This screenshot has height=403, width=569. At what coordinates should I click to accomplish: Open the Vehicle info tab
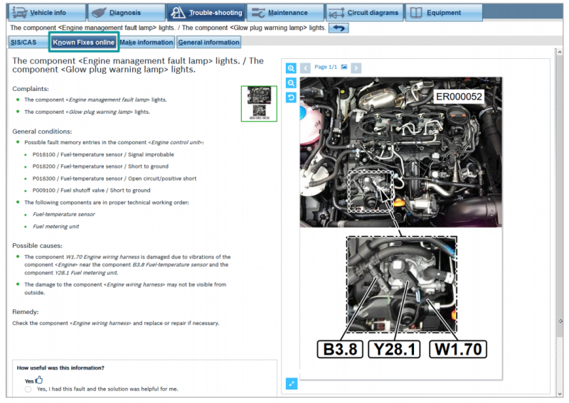(46, 13)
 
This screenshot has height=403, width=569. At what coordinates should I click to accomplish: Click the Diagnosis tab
(126, 13)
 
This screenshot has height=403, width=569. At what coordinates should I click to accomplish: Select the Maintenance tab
(285, 13)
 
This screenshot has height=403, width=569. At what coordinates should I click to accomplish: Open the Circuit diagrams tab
(365, 13)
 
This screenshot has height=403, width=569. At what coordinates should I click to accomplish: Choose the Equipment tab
(444, 13)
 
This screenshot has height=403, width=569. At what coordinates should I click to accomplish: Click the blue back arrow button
(339, 28)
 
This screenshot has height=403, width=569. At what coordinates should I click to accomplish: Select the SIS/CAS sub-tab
(23, 43)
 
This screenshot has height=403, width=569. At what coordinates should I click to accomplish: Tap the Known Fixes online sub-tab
(83, 43)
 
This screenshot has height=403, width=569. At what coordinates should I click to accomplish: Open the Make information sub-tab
(147, 43)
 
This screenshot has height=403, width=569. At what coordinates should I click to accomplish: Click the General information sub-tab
(208, 43)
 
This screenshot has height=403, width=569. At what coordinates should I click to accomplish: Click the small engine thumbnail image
(259, 103)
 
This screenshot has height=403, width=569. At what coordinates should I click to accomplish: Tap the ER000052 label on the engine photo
(459, 97)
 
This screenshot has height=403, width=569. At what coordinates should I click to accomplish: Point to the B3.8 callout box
(340, 349)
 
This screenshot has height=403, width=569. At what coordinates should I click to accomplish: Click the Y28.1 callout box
(395, 349)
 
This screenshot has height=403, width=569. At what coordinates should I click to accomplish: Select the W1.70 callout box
(458, 349)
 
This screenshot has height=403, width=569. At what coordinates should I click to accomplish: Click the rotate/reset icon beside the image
(291, 97)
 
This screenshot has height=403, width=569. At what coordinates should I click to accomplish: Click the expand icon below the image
(292, 383)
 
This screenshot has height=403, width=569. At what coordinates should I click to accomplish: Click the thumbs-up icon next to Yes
(39, 380)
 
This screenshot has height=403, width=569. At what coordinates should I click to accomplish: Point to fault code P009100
(44, 190)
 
